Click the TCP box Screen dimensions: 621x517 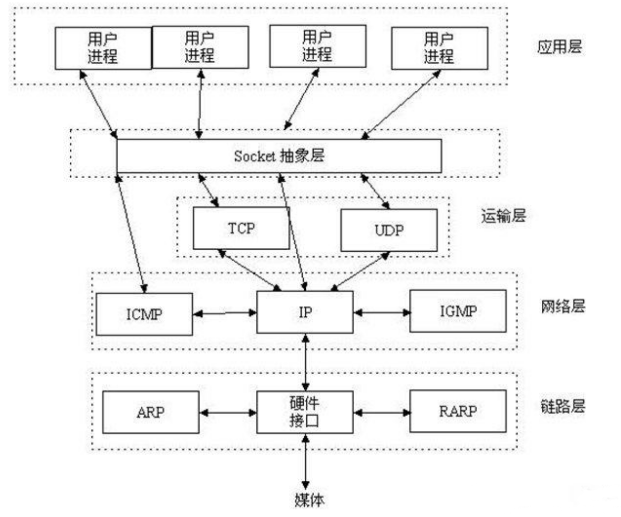[x=241, y=228]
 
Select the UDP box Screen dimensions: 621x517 [x=389, y=230]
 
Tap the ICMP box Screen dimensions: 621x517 [x=144, y=314]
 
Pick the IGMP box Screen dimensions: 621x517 [x=458, y=311]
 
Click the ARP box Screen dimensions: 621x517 [x=151, y=412]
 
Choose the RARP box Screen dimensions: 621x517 [x=458, y=411]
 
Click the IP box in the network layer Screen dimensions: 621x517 [x=305, y=312]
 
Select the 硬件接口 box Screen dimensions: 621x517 [x=305, y=412]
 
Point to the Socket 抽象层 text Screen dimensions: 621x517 [x=279, y=156]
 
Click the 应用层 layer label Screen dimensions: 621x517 [x=559, y=47]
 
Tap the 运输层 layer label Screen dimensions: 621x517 [x=503, y=215]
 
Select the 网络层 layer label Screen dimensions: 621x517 [x=563, y=306]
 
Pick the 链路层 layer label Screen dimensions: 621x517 [x=563, y=406]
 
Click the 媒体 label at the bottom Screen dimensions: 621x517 [x=309, y=500]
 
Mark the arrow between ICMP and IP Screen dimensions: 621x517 [x=225, y=313]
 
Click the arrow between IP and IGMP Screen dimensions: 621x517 [x=381, y=312]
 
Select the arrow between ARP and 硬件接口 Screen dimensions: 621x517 [x=228, y=413]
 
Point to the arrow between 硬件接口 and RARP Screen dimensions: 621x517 [x=381, y=413]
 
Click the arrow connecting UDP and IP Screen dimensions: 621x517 [x=360, y=271]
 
